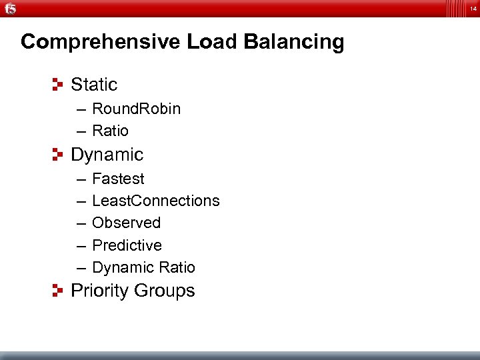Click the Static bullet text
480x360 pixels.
(x=94, y=85)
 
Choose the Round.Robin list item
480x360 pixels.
(x=136, y=109)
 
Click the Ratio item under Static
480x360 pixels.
(x=110, y=131)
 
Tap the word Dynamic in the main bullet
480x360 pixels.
(x=107, y=155)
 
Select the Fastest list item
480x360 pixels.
(x=118, y=179)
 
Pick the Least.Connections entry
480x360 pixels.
(x=155, y=201)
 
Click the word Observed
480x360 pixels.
(x=126, y=223)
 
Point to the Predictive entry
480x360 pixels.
(x=127, y=245)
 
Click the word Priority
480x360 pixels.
(x=99, y=291)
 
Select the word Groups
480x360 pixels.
(x=164, y=291)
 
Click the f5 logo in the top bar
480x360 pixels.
(x=10, y=8)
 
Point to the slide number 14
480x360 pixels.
(x=473, y=8)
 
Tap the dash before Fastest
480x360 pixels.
(x=81, y=179)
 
